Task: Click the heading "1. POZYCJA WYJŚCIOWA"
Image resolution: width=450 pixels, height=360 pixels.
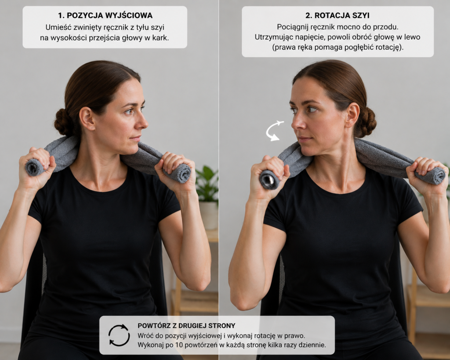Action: click(105, 15)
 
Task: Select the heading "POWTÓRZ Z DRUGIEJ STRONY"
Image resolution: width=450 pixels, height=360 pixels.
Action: click(186, 326)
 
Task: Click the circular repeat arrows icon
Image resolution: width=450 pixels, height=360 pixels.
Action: click(119, 335)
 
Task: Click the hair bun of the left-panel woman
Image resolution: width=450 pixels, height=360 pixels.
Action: click(63, 122)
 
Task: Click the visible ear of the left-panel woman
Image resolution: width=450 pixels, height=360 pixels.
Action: click(87, 118)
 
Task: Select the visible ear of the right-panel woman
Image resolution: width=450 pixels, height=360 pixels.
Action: click(352, 115)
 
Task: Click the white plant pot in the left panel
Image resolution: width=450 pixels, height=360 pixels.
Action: click(209, 215)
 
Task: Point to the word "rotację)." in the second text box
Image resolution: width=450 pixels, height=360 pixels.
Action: click(390, 47)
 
